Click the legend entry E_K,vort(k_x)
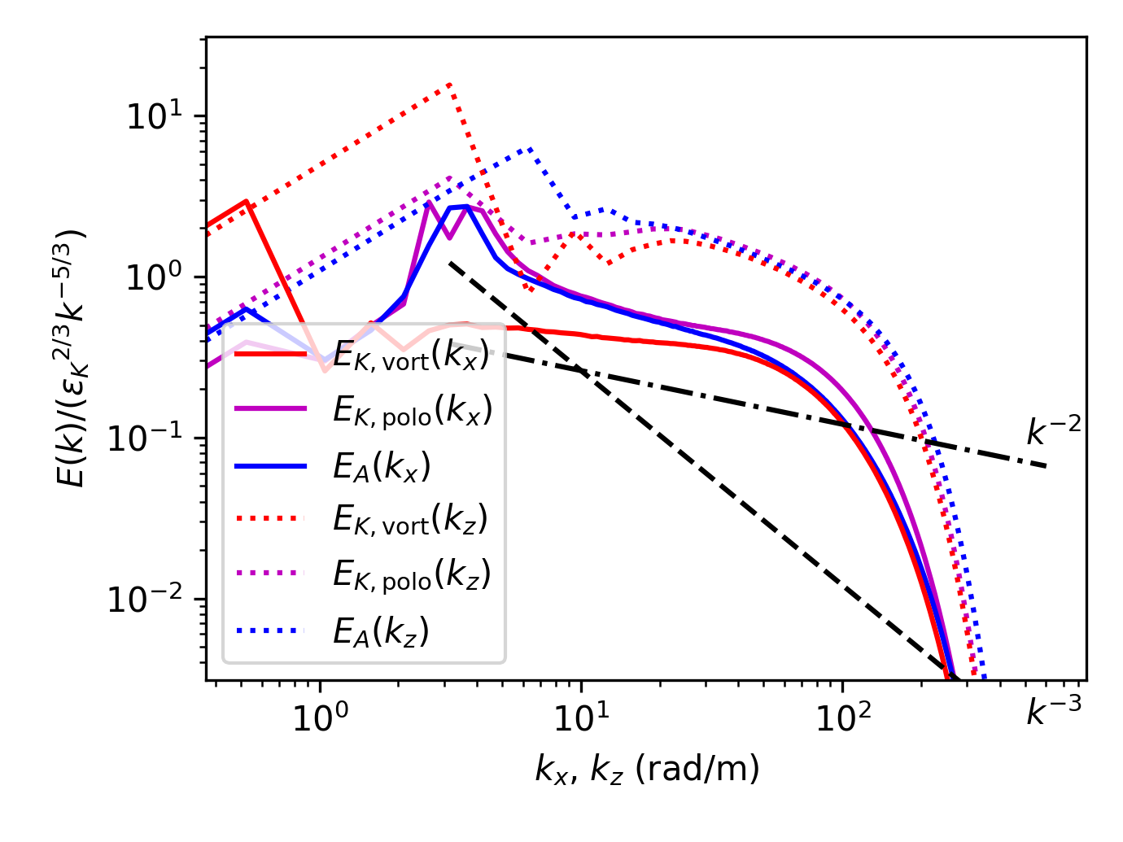coord(411,356)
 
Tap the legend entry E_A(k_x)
coord(382,466)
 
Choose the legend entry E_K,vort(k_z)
coord(411,520)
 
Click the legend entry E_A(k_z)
coord(381,630)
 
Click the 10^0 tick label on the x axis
coord(320,715)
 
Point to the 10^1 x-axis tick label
coord(581,715)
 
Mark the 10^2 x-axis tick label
coord(842,715)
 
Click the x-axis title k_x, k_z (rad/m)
coord(647,769)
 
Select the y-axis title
coord(72,358)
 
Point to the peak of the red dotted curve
coord(449,83)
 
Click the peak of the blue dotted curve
coord(531,148)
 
